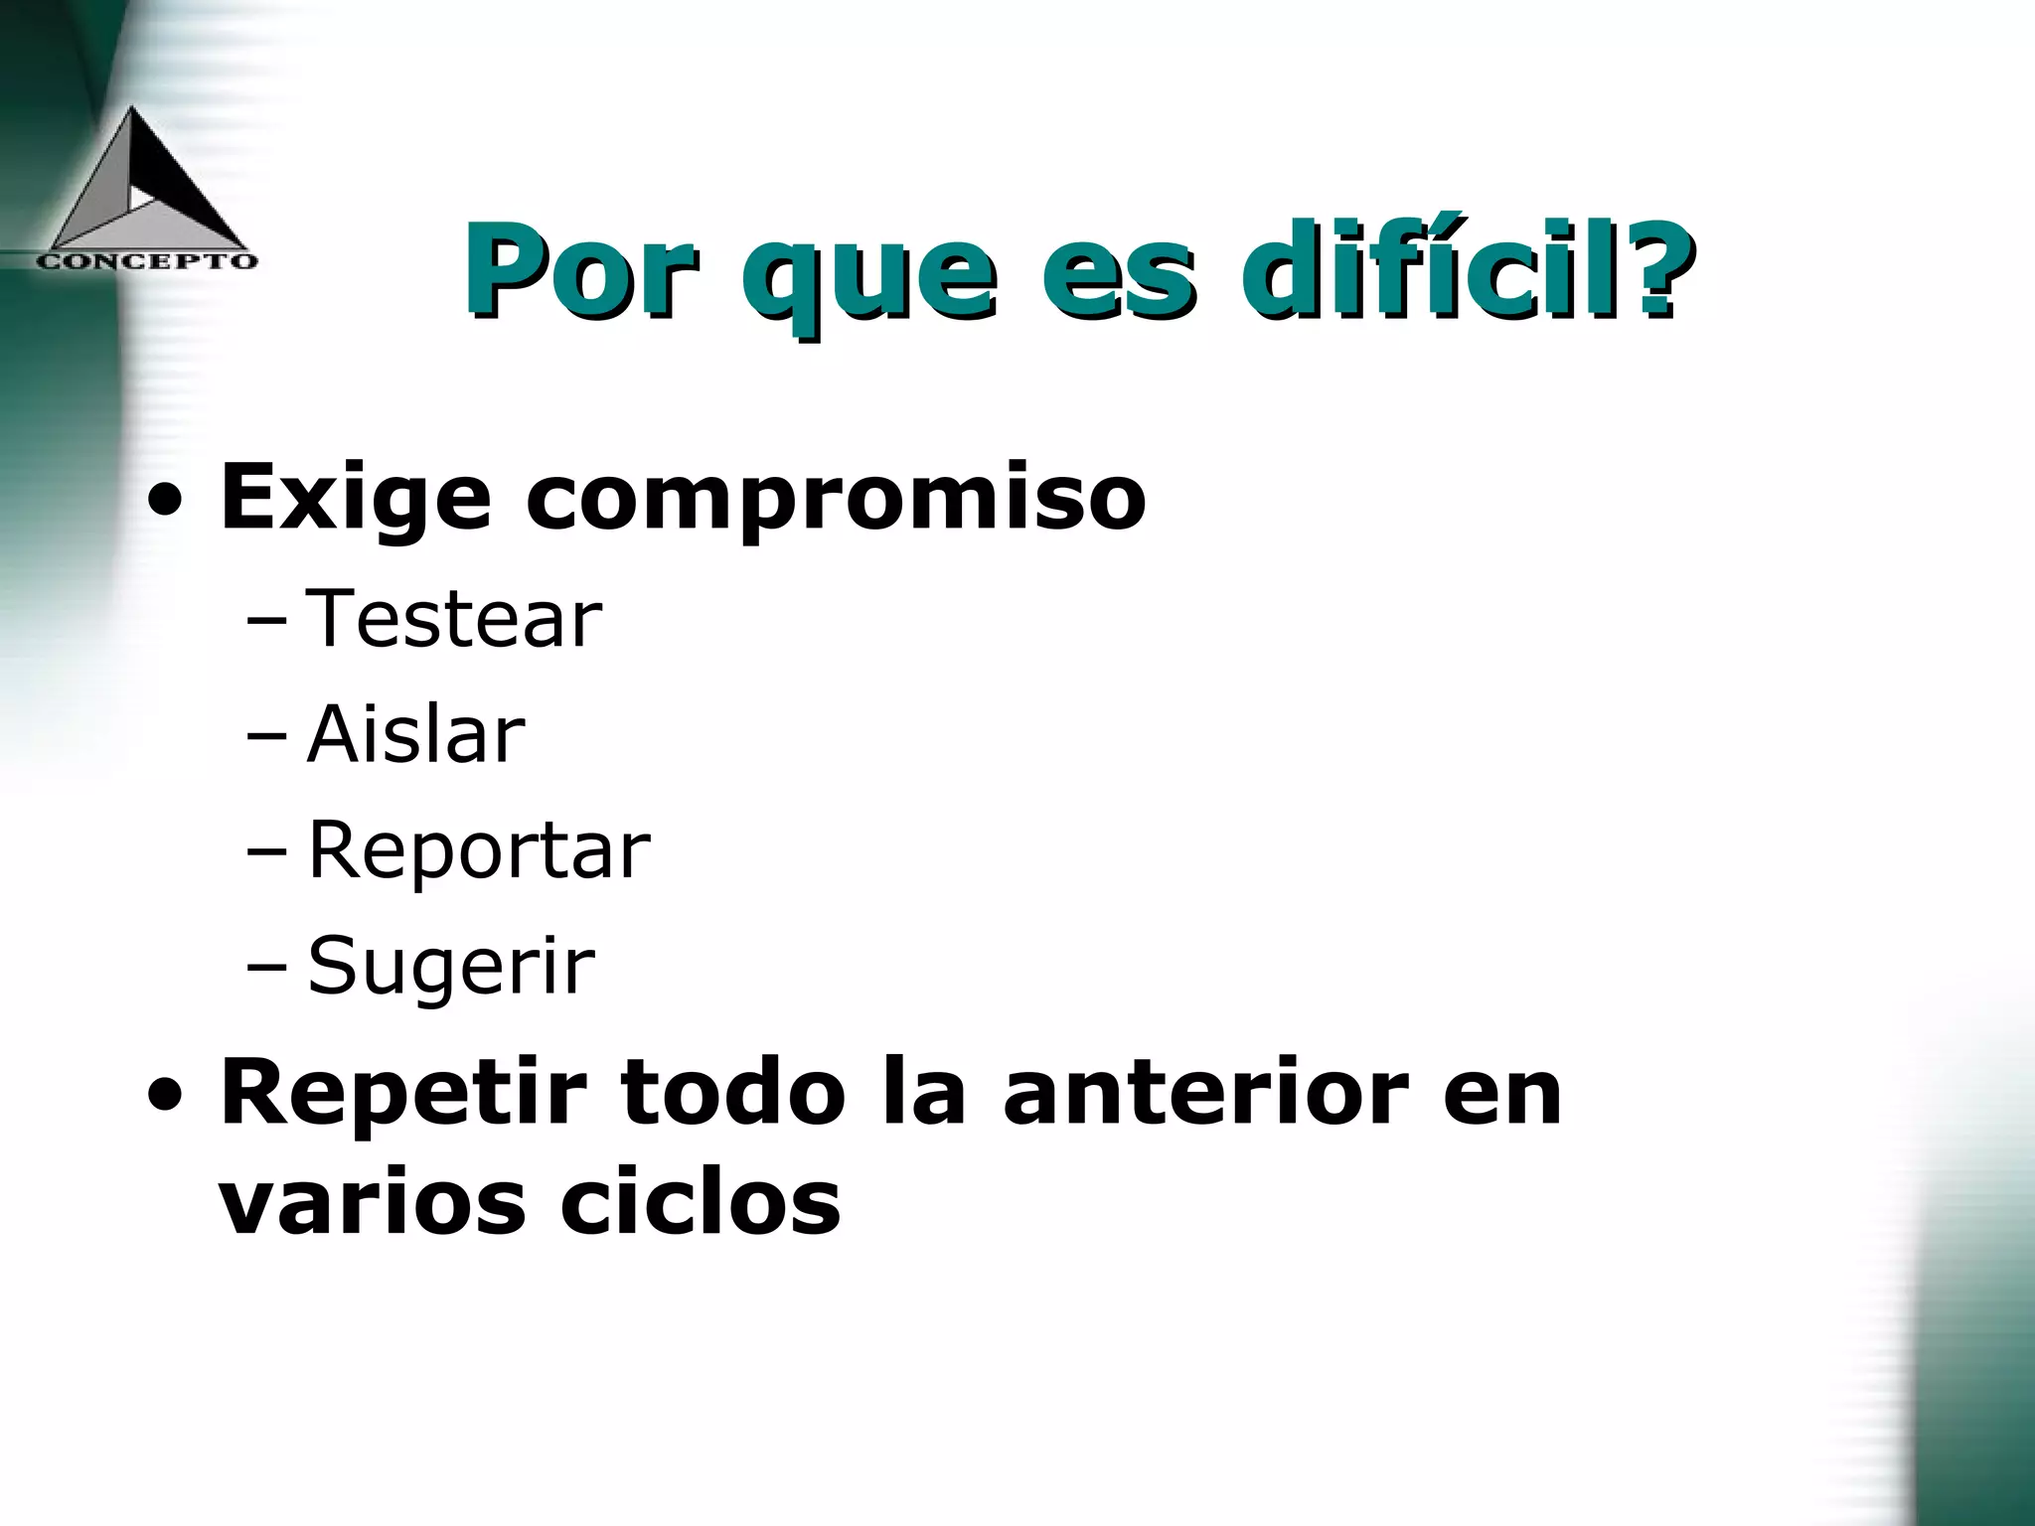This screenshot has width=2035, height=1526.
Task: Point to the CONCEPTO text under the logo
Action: (147, 261)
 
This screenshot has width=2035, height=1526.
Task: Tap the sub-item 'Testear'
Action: (454, 619)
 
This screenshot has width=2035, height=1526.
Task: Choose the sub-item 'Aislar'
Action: (415, 735)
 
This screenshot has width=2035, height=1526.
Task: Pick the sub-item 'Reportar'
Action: (478, 851)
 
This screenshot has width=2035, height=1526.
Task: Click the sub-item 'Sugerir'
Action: (450, 967)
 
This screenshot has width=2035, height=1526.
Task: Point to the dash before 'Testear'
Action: (266, 623)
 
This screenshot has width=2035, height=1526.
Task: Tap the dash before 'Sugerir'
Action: (266, 970)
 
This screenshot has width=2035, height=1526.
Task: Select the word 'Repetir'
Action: (402, 1094)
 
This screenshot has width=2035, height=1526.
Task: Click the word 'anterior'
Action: (1205, 1094)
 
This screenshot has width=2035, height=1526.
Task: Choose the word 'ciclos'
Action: (700, 1203)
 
